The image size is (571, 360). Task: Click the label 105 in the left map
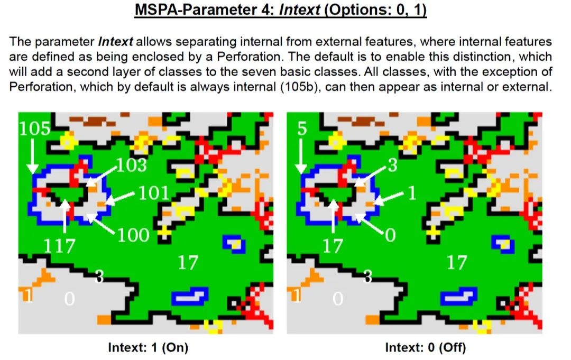[34, 128]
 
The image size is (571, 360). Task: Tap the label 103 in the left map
[132, 165]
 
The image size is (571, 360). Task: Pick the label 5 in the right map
[301, 128]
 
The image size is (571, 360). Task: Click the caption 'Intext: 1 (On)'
[148, 347]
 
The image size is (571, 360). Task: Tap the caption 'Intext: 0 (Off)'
[425, 347]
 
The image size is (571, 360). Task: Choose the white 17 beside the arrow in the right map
[333, 246]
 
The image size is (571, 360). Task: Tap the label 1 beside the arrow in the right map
[412, 193]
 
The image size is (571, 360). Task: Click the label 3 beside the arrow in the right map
[392, 165]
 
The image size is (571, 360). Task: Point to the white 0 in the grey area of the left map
[69, 299]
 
